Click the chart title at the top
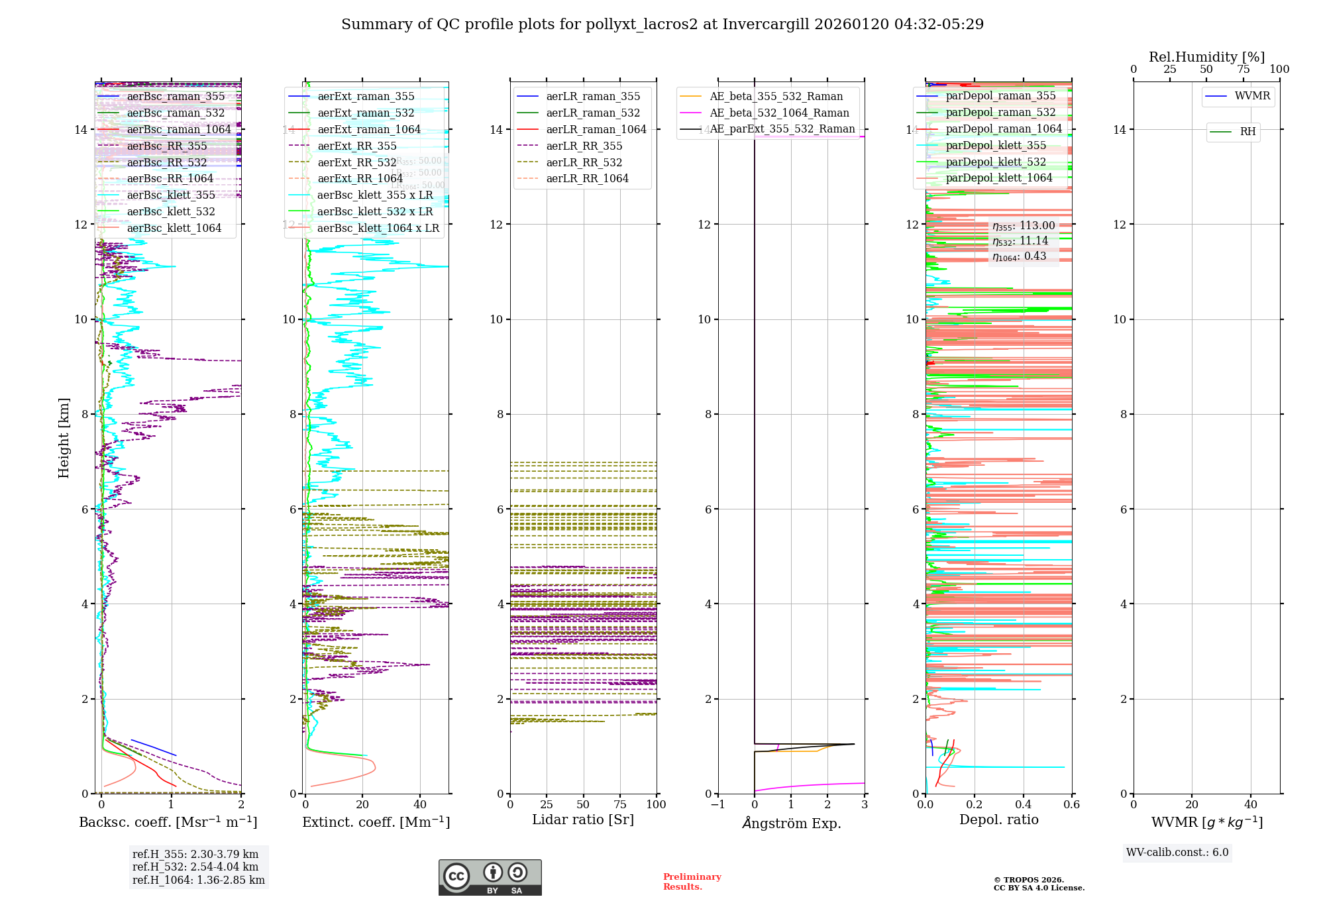[662, 25]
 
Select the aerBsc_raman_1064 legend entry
[179, 129]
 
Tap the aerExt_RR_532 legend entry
[357, 162]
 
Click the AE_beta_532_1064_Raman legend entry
[779, 113]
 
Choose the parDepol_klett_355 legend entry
[996, 145]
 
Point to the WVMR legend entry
[1252, 96]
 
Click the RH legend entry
[1247, 132]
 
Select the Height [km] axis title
[64, 438]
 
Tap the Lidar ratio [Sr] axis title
[583, 820]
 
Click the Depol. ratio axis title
[998, 820]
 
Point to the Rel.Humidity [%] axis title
[1206, 57]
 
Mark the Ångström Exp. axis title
[792, 823]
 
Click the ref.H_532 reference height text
[195, 867]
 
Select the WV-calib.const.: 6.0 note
[1177, 853]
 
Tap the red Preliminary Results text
[692, 882]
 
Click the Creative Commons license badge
[490, 877]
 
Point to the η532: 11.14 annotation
[1020, 241]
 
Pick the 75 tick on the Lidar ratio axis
[620, 804]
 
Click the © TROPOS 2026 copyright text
[1028, 880]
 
